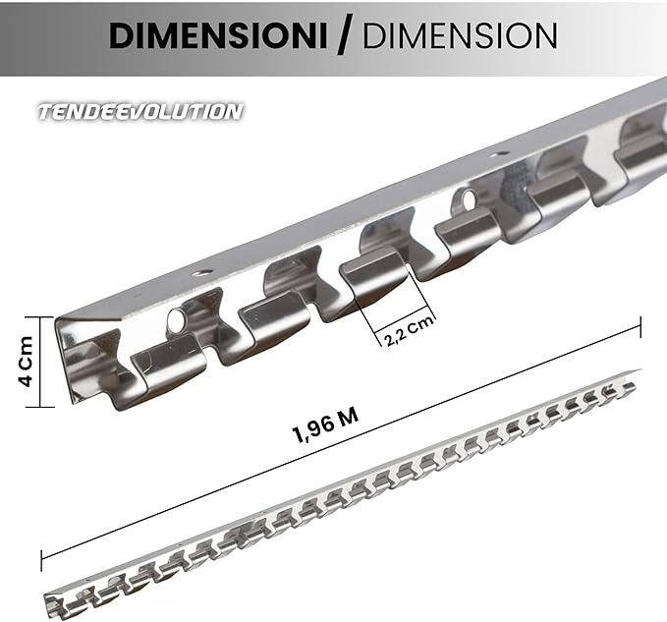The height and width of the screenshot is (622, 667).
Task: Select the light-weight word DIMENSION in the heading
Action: pyautogui.click(x=460, y=35)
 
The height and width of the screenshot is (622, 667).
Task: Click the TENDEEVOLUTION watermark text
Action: pyautogui.click(x=139, y=111)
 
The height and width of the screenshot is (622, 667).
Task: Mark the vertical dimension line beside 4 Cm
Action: pyautogui.click(x=40, y=362)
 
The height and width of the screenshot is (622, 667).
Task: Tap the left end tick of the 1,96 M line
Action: pyautogui.click(x=41, y=559)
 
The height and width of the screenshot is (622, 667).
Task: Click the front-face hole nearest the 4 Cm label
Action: pyautogui.click(x=177, y=319)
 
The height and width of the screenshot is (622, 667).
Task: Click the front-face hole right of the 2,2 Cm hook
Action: pyautogui.click(x=468, y=200)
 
